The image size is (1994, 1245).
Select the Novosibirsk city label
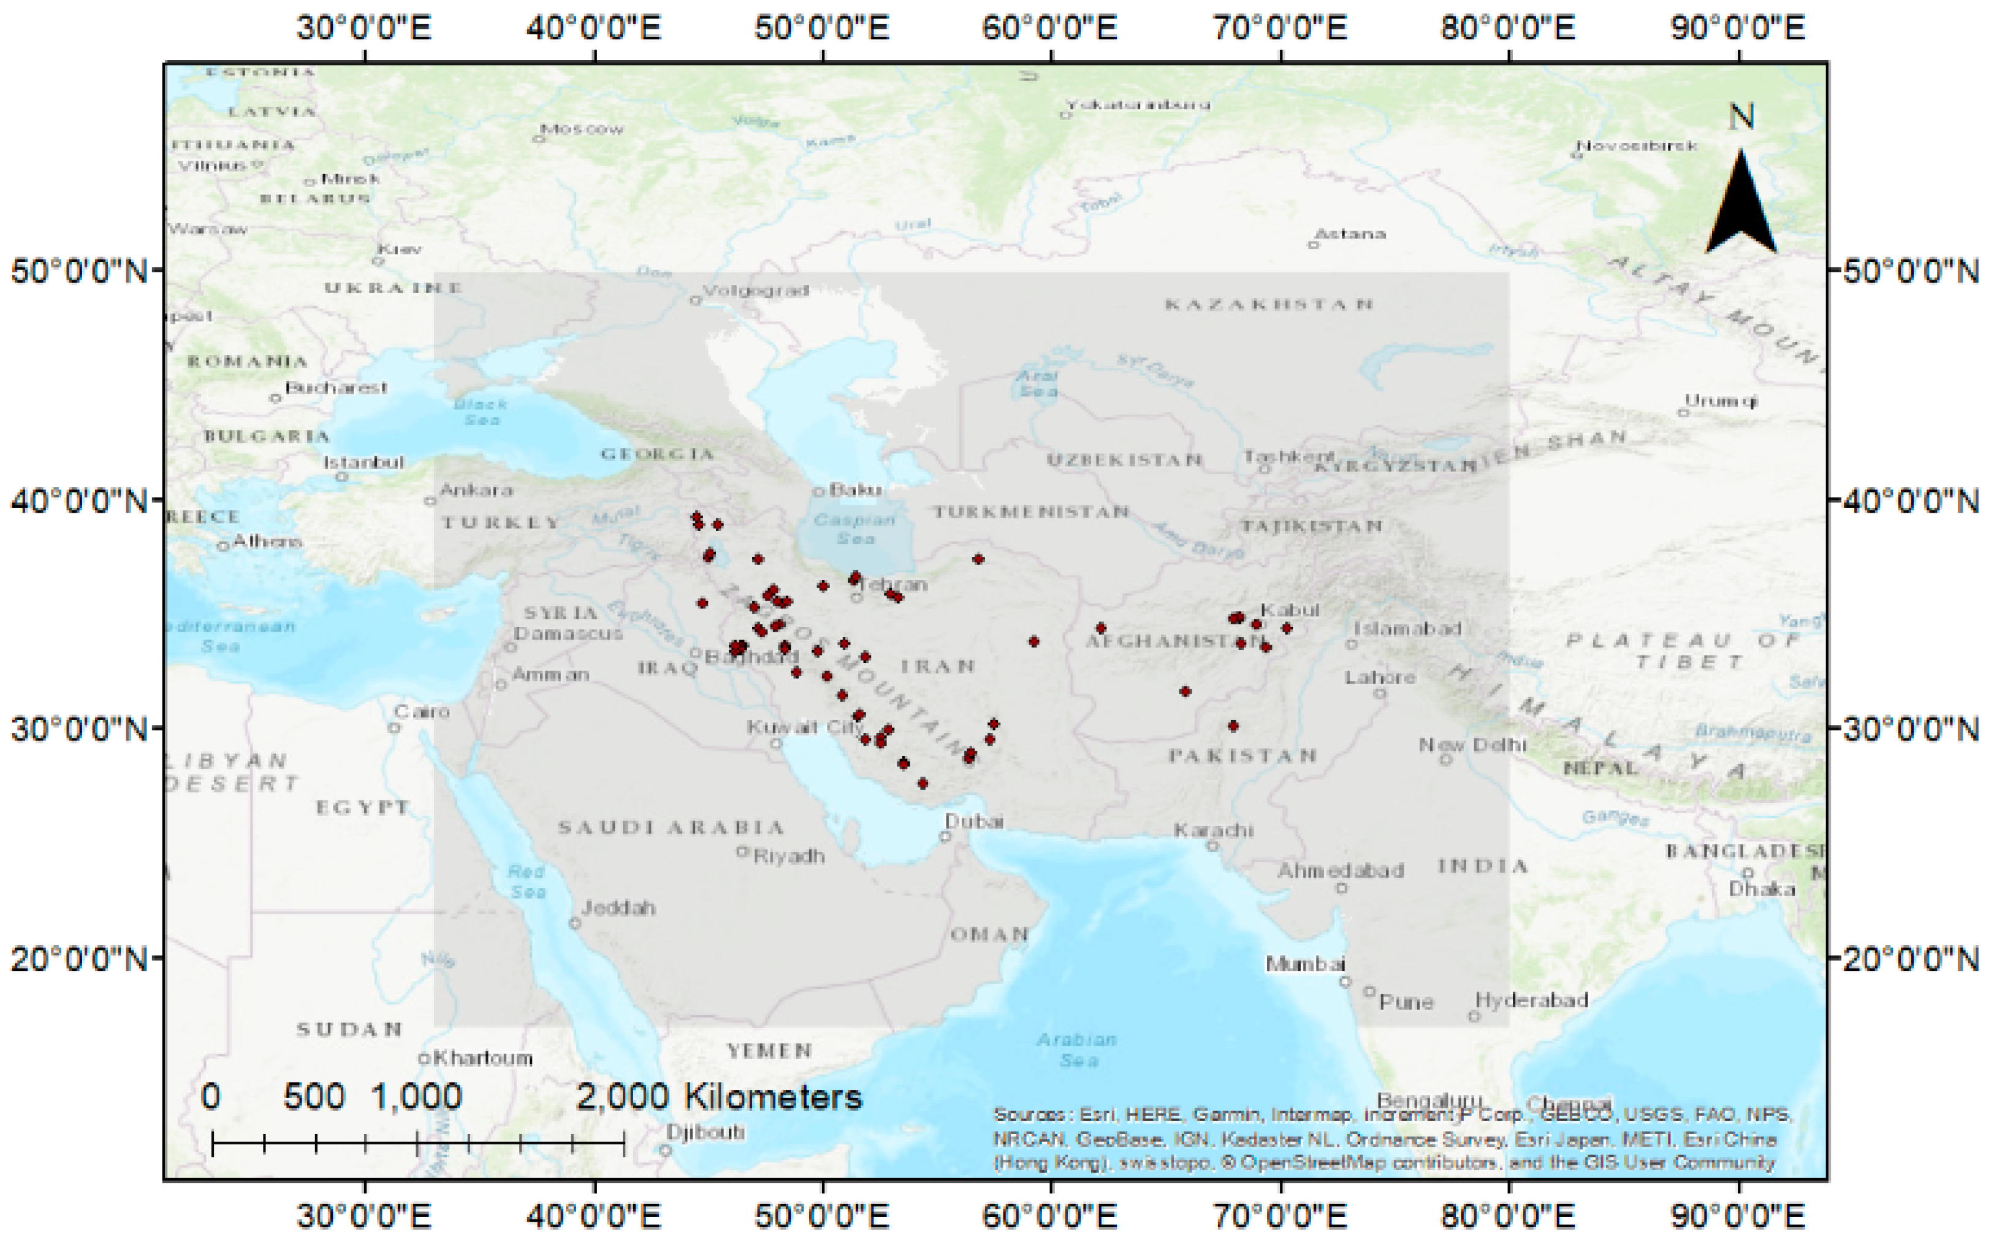[1636, 146]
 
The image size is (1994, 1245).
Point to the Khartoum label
[482, 1057]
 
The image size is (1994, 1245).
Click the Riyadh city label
[788, 856]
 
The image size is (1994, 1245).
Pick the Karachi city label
[1213, 830]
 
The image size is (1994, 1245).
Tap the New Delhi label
[1472, 745]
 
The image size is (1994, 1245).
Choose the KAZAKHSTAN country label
[1268, 305]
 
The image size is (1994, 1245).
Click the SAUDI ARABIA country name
[671, 827]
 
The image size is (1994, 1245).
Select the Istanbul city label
[363, 462]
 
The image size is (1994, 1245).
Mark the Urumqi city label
[1721, 401]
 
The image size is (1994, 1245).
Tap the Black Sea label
[481, 412]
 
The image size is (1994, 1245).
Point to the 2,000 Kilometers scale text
[718, 1097]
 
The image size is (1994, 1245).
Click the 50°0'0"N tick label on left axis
[79, 271]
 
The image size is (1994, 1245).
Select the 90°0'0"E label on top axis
[1737, 28]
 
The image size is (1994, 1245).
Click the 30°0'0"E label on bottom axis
[363, 1216]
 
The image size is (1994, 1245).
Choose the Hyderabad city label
[1531, 1000]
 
